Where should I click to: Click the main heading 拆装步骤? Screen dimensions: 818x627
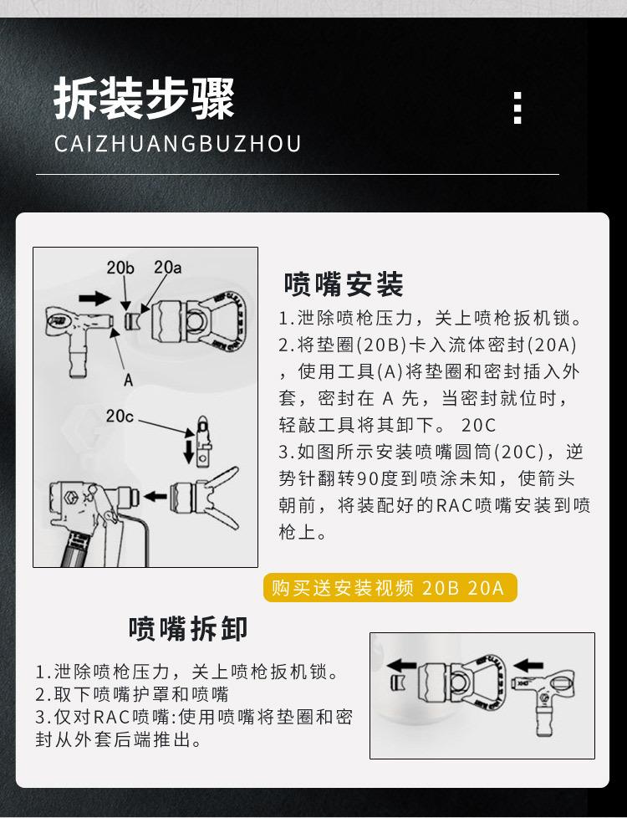144,100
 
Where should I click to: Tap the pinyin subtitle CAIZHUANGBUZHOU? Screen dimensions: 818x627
177,143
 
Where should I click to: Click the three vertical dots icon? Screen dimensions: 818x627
517,108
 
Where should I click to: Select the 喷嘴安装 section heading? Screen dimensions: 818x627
344,284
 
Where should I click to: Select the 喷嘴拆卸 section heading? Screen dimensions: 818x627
188,627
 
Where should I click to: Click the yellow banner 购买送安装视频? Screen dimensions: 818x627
389,588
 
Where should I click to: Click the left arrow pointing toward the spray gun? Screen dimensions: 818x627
155,496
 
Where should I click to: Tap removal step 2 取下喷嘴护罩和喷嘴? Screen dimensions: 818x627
131,694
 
